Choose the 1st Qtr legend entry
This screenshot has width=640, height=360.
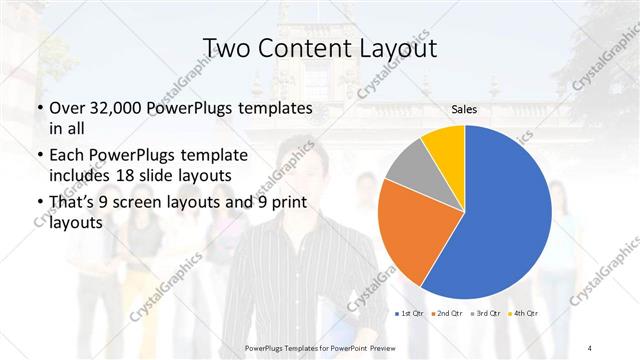410,314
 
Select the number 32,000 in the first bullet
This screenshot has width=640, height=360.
110,108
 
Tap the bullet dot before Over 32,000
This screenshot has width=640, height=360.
38,108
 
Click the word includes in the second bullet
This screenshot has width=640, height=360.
79,177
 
